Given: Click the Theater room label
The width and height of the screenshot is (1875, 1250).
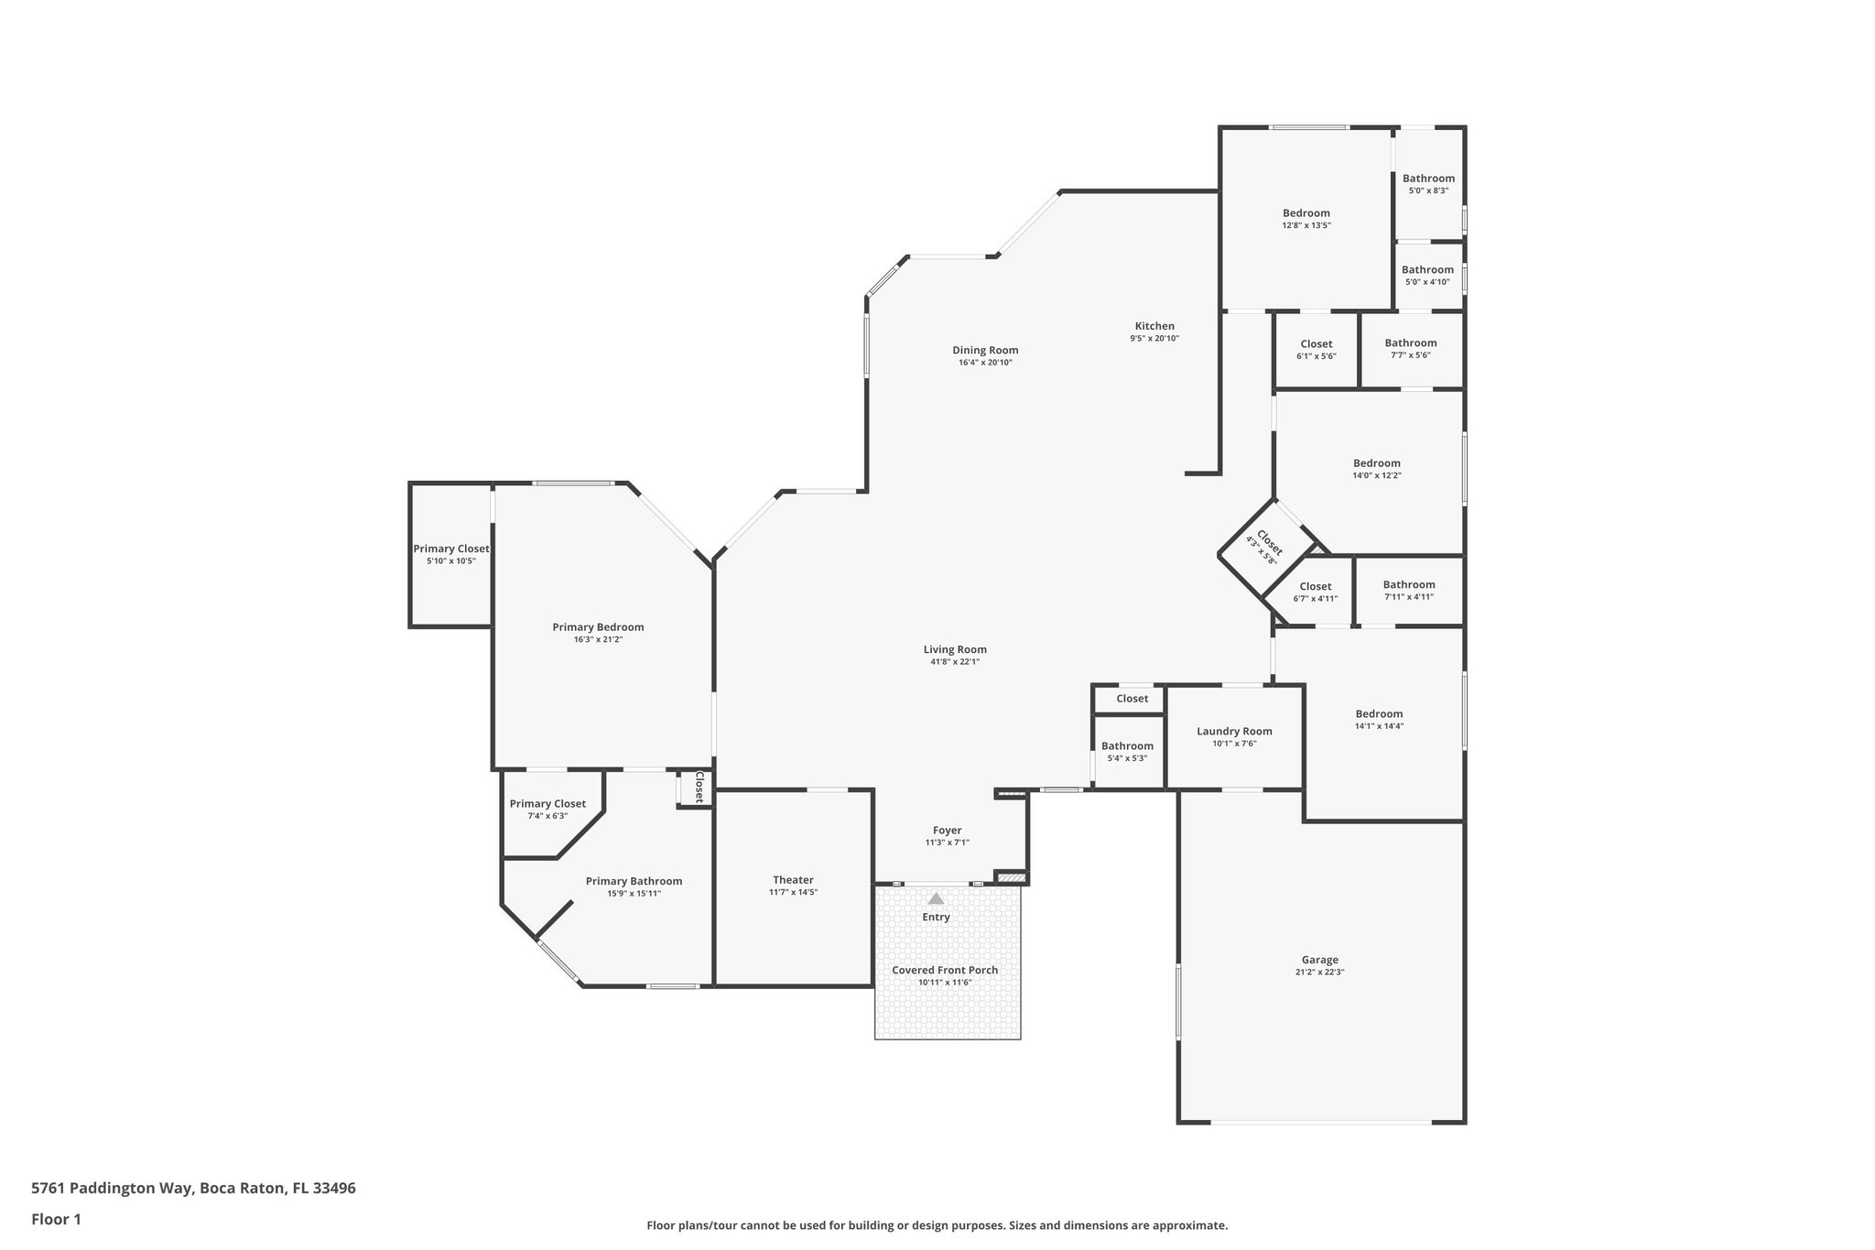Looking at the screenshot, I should pyautogui.click(x=793, y=880).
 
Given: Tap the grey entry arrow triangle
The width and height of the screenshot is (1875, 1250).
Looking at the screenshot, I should pyautogui.click(x=936, y=899).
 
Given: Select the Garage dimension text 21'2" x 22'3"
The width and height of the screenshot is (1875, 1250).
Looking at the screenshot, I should pyautogui.click(x=1319, y=973).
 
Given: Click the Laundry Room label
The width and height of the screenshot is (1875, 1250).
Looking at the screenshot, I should pyautogui.click(x=1234, y=731).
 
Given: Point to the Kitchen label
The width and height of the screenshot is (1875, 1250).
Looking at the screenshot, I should pyautogui.click(x=1154, y=326).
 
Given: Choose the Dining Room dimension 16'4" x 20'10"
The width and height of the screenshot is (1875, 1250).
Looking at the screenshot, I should pyautogui.click(x=985, y=363).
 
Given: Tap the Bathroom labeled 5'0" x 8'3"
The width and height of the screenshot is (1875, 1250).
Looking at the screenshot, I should pyautogui.click(x=1428, y=179).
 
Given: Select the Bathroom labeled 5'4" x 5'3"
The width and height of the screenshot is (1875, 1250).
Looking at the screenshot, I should pyautogui.click(x=1127, y=746).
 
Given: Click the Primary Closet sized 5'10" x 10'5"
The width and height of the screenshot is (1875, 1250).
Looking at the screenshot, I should pyautogui.click(x=450, y=549).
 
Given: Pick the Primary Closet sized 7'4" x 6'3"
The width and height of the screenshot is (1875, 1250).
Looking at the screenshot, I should pyautogui.click(x=547, y=804).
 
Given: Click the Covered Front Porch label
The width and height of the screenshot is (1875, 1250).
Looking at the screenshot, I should pyautogui.click(x=945, y=971).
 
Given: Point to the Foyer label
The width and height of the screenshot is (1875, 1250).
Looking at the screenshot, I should pyautogui.click(x=947, y=831).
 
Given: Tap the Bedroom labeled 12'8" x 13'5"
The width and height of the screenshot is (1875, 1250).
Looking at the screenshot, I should pyautogui.click(x=1306, y=213).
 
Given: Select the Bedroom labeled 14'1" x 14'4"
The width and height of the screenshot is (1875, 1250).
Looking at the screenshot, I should pyautogui.click(x=1379, y=714).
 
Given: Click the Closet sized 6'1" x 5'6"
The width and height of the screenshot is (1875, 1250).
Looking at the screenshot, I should pyautogui.click(x=1316, y=344).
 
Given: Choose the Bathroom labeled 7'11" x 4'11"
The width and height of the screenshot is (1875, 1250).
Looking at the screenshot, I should pyautogui.click(x=1408, y=585).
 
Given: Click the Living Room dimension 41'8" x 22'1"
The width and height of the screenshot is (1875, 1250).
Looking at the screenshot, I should pyautogui.click(x=955, y=661).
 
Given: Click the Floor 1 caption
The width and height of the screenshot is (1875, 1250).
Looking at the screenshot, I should pyautogui.click(x=57, y=1219).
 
